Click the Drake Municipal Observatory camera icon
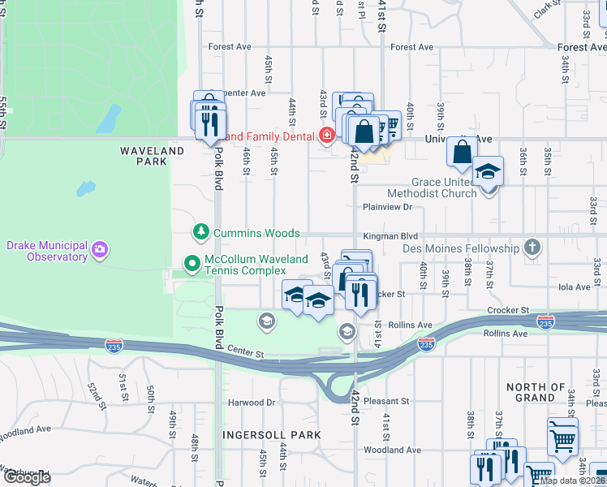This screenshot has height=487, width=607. pos(99,248)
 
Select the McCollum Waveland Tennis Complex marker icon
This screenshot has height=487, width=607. pos(192,263)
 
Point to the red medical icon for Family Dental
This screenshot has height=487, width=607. pos(326,136)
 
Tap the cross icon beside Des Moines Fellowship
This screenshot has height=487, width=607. pos(532,248)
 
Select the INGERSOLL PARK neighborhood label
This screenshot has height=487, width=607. pos(273,435)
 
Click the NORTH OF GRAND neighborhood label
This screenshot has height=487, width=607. pos(536,393)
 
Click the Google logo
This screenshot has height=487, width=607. pos(27,477)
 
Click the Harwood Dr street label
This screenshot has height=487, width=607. pos(252,402)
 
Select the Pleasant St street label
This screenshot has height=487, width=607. pos(387,401)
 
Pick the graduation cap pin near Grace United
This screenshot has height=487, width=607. pos(488,173)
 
